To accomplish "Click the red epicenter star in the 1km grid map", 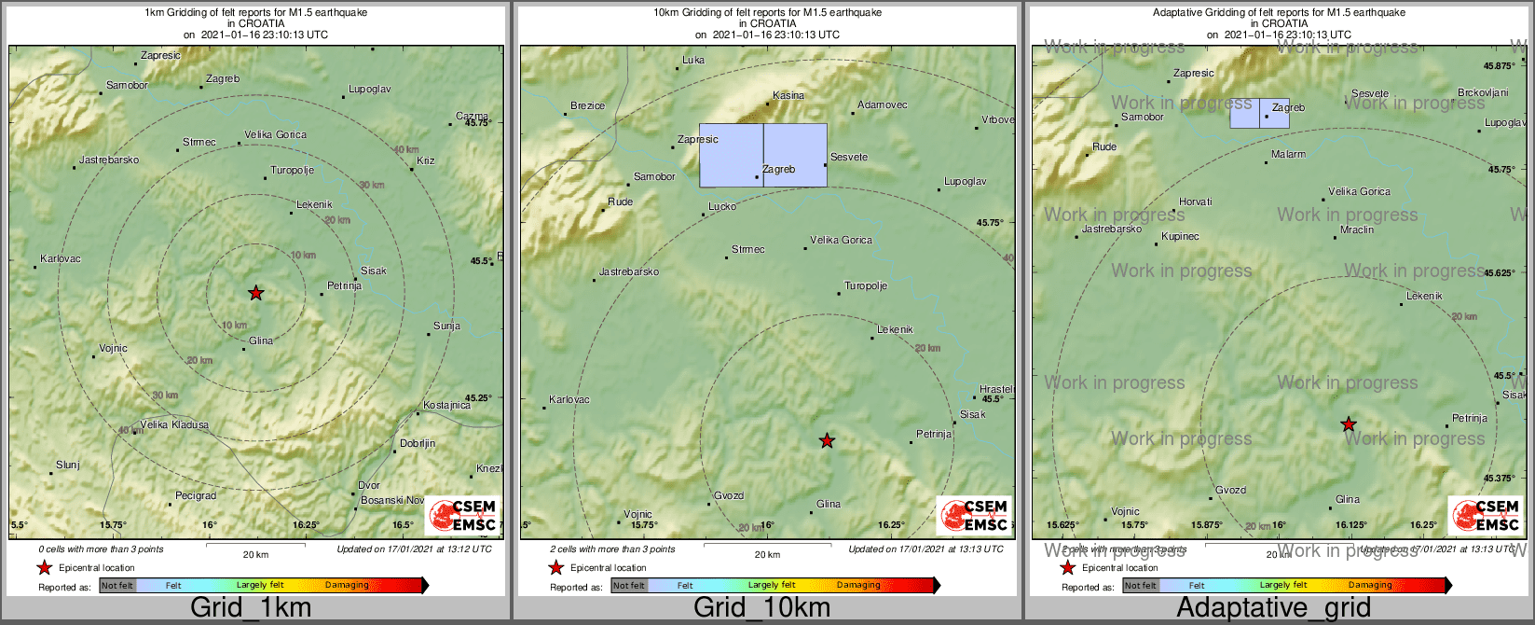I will [x=256, y=293].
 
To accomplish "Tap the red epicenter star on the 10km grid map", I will [x=827, y=440].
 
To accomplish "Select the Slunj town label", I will [x=68, y=465].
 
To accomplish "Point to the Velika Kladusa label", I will [x=174, y=424].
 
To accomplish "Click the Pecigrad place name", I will [x=196, y=495].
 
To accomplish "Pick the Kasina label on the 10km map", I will [x=788, y=95].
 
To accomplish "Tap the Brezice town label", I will [x=587, y=105].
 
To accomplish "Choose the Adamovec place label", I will [x=882, y=104].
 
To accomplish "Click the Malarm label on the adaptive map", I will [x=1289, y=154].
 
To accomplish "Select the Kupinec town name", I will [x=1180, y=236].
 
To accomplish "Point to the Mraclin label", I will [x=1357, y=229].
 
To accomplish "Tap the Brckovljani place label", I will [x=1483, y=92].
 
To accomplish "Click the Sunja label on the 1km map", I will [x=446, y=326].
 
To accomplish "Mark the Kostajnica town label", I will [x=446, y=405].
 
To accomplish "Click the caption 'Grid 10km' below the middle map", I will [x=761, y=608].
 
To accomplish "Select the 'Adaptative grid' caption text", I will [x=1273, y=608].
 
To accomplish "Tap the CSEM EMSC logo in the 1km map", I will [x=462, y=516].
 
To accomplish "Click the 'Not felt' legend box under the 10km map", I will [x=629, y=585].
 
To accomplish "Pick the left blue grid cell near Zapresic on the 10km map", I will [x=732, y=155].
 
